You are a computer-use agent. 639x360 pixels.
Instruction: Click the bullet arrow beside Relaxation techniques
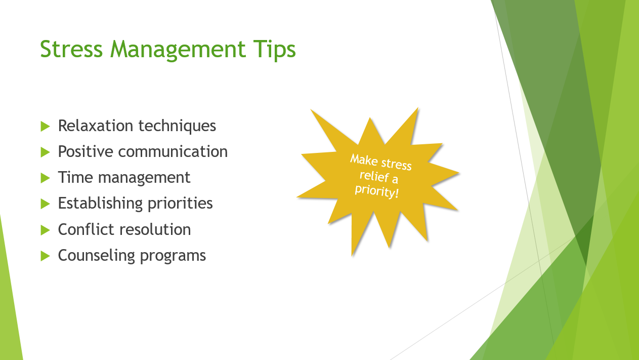click(x=46, y=126)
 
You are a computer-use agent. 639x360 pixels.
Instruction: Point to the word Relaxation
click(x=96, y=126)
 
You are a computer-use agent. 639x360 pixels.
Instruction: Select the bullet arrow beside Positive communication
click(x=46, y=151)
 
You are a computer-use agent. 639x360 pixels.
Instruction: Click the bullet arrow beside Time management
click(x=46, y=178)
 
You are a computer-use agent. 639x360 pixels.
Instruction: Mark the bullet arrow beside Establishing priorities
click(x=46, y=204)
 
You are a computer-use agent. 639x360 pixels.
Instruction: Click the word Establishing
click(x=100, y=203)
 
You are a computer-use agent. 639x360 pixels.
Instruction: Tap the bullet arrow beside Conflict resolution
click(x=46, y=230)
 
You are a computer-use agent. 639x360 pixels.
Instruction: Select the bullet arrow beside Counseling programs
click(x=46, y=256)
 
